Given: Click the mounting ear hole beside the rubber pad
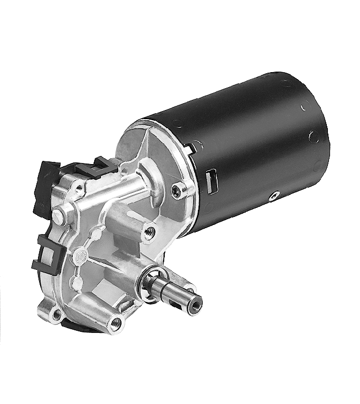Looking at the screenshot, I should click(x=55, y=314).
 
